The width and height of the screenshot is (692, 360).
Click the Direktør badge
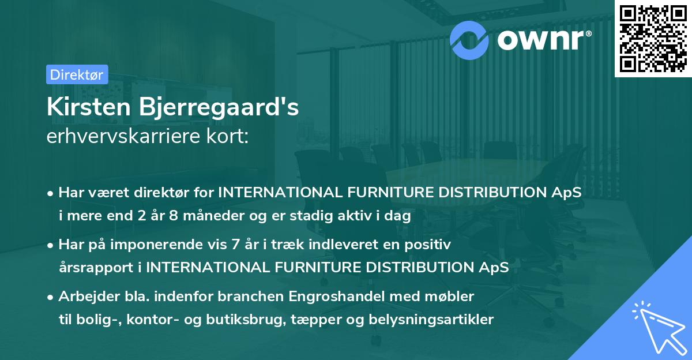(77, 74)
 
